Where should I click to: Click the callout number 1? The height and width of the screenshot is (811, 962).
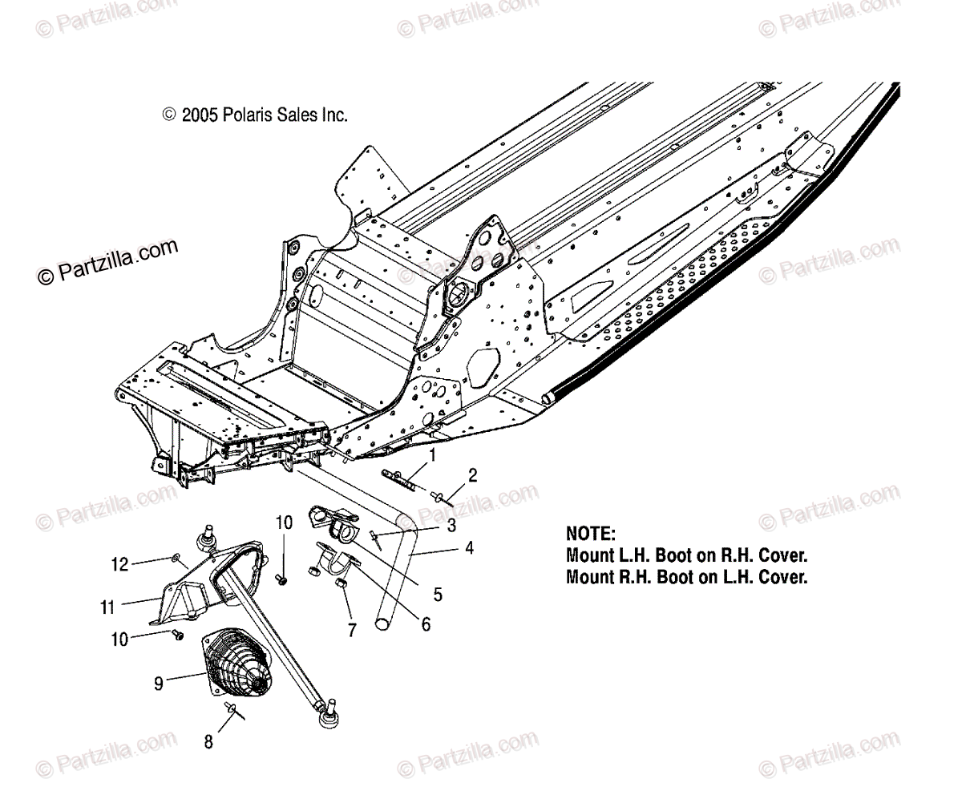(432, 457)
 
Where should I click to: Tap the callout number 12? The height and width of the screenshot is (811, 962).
(119, 565)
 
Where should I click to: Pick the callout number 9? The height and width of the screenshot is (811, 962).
(159, 683)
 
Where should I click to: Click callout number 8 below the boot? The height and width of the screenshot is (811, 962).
(208, 742)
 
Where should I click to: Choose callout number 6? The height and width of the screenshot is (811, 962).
(425, 623)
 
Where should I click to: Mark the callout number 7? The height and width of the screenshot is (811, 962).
(352, 631)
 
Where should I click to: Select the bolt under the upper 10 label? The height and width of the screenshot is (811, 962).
(282, 577)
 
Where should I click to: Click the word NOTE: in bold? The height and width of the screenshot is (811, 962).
(590, 534)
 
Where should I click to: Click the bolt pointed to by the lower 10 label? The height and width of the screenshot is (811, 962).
(178, 634)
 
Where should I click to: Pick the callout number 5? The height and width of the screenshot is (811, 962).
(437, 595)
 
